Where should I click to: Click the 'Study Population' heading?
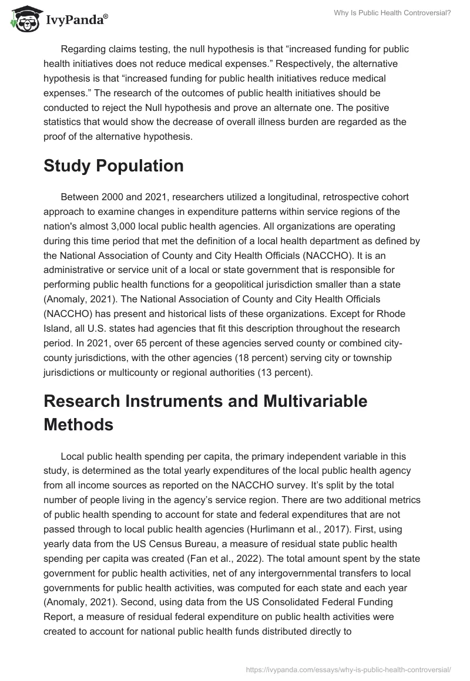pyautogui.click(x=113, y=166)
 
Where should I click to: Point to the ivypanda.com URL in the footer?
pyautogui.click(x=348, y=669)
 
